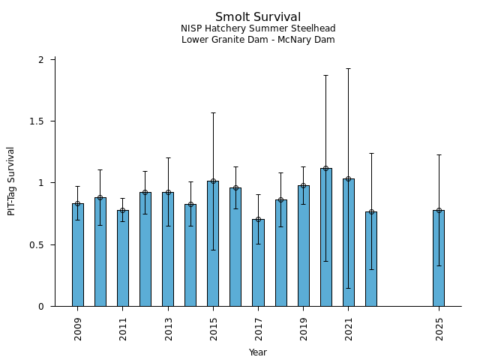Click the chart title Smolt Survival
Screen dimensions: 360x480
(x=258, y=17)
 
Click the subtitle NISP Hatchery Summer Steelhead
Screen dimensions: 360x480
(x=258, y=28)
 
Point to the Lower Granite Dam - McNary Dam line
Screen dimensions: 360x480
(x=258, y=40)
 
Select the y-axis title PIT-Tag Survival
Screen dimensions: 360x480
(x=11, y=181)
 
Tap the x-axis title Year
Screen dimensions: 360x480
(x=258, y=352)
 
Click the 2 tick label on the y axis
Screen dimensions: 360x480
(x=42, y=60)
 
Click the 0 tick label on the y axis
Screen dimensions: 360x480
(x=42, y=307)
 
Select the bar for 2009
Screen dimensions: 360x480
(x=78, y=255)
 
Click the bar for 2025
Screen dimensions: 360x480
(x=439, y=258)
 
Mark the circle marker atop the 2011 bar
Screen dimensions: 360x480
(x=123, y=210)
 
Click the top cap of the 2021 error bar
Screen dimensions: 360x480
(x=348, y=69)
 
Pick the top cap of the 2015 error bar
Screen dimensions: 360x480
(x=213, y=113)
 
